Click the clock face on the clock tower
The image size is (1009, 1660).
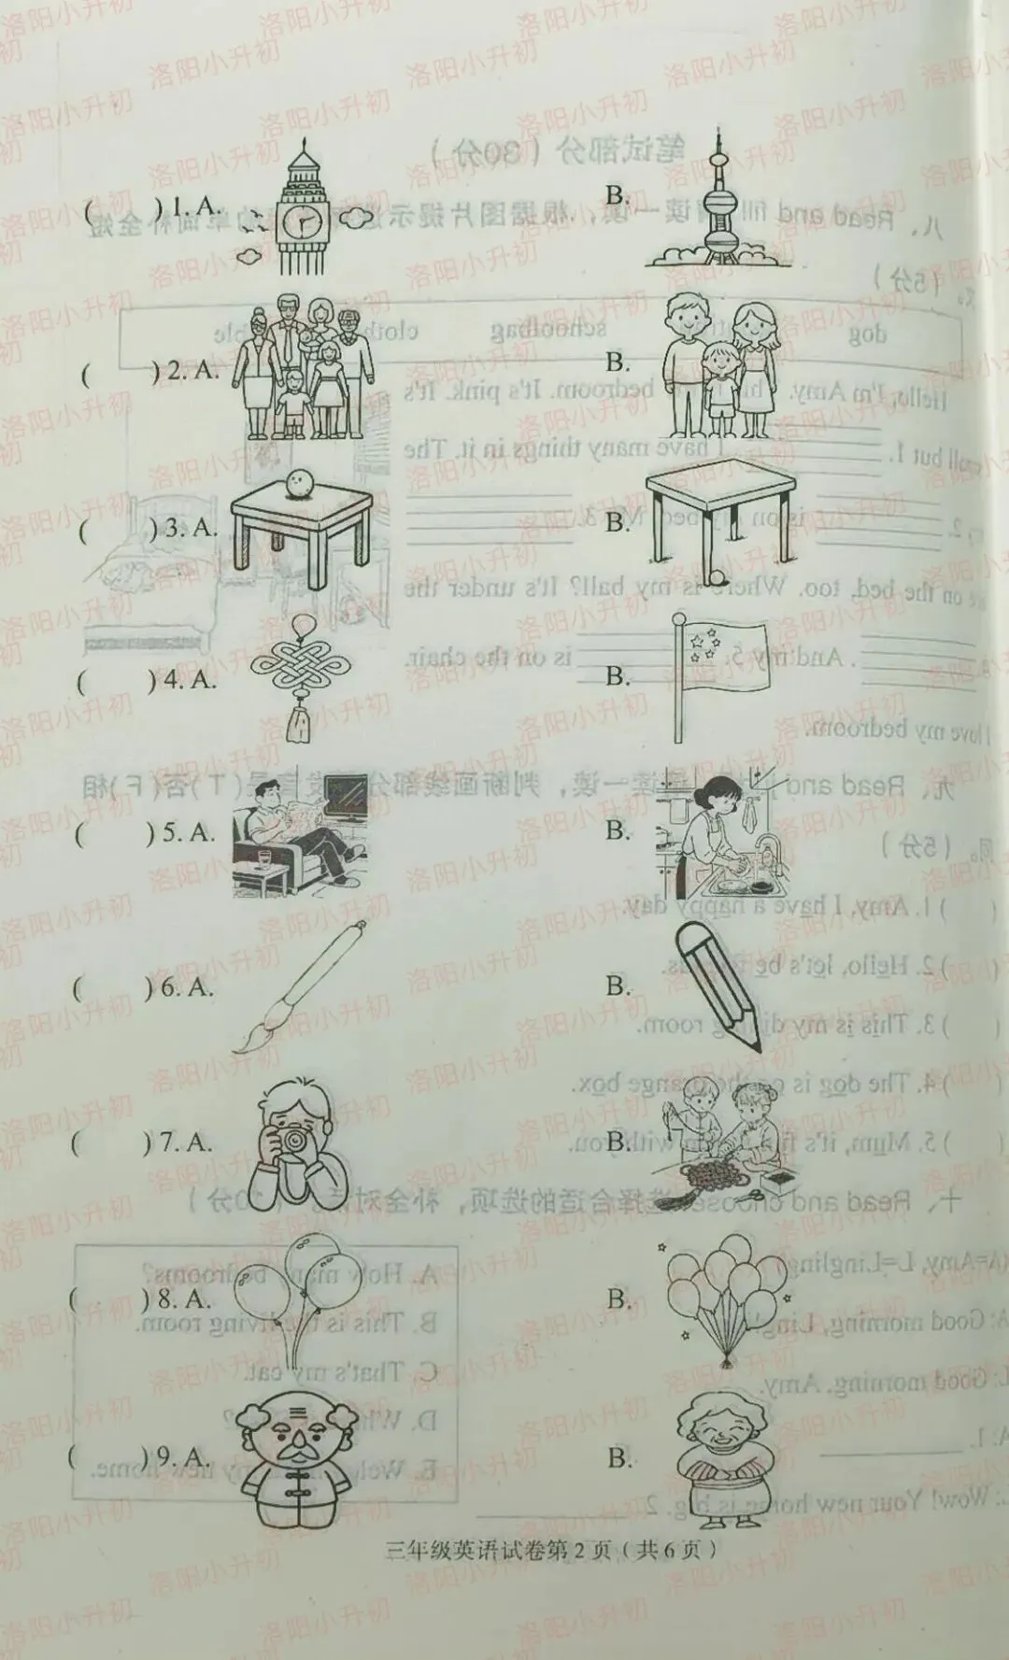(x=303, y=222)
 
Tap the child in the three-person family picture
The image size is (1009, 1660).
(x=719, y=383)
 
